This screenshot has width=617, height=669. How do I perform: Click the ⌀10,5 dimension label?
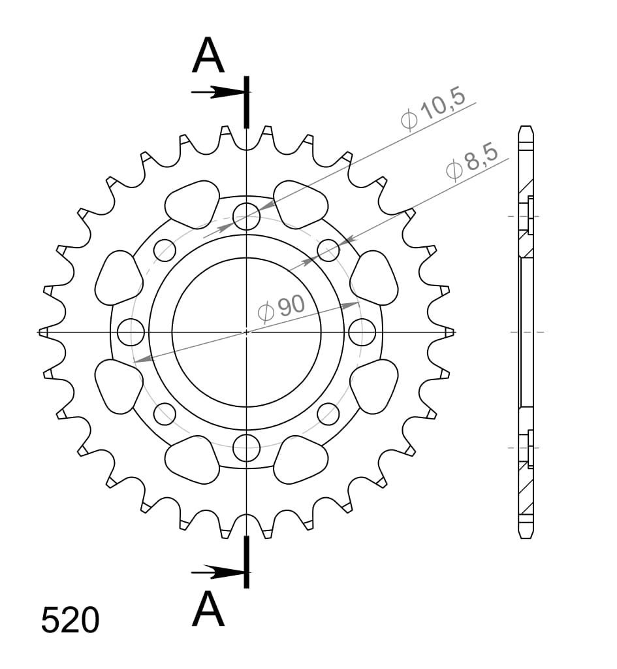pos(433,109)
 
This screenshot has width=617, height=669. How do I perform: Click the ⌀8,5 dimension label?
pos(472,163)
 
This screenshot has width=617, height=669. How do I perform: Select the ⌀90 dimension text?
pos(282,308)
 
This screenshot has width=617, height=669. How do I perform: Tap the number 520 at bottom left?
pos(70,620)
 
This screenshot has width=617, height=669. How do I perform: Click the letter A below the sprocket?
pos(208,608)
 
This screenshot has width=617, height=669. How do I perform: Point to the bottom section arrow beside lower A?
pos(218,572)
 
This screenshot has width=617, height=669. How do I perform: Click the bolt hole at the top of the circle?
pos(246,216)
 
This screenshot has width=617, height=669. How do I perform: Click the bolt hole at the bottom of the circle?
pos(246,448)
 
